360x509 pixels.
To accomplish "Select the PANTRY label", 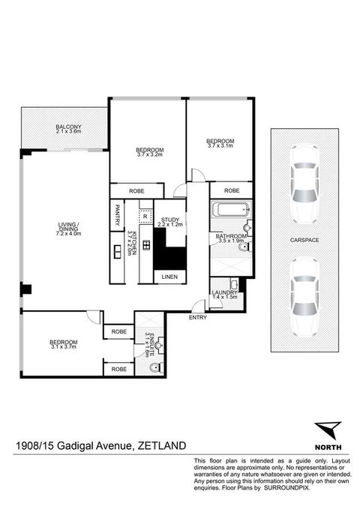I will [x=118, y=217].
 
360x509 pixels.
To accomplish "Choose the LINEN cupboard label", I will [x=170, y=277].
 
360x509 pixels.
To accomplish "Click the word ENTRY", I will [x=199, y=317].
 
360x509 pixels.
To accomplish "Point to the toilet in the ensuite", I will [x=154, y=367].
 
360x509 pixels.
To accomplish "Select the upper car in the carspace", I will [x=304, y=193].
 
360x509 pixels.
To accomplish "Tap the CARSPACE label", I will [x=304, y=241].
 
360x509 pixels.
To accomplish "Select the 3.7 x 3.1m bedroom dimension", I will [x=220, y=145].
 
